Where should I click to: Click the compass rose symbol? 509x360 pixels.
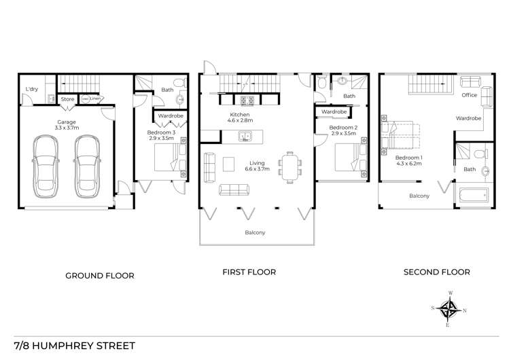[449, 309]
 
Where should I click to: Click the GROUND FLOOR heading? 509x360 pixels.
[99, 276]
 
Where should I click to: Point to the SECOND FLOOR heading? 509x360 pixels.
[436, 272]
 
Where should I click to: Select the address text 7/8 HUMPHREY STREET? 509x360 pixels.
[74, 345]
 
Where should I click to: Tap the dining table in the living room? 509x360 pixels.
[291, 167]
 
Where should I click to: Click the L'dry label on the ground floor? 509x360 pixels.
[31, 89]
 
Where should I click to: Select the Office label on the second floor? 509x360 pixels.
[469, 95]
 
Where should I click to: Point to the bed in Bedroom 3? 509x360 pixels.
[168, 162]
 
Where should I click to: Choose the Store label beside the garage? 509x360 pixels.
[67, 99]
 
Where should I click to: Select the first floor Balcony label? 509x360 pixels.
[255, 233]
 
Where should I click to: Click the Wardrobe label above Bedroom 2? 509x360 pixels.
[334, 111]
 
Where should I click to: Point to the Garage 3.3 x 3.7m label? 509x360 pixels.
[66, 126]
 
